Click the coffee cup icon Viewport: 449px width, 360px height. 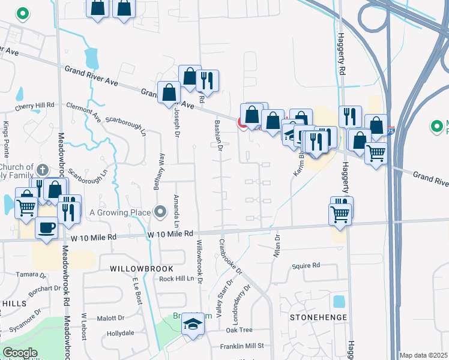(47, 228)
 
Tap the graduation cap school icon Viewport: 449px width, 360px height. (194, 324)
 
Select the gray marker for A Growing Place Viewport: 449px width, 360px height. (160, 211)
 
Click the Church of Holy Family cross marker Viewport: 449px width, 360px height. (41, 170)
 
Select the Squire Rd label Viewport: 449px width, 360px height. (306, 265)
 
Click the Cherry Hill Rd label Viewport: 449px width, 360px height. (35, 106)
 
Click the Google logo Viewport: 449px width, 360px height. (20, 353)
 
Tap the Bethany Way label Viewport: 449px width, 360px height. (159, 172)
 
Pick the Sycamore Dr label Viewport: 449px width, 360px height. (22, 322)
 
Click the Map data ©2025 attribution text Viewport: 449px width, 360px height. (423, 355)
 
